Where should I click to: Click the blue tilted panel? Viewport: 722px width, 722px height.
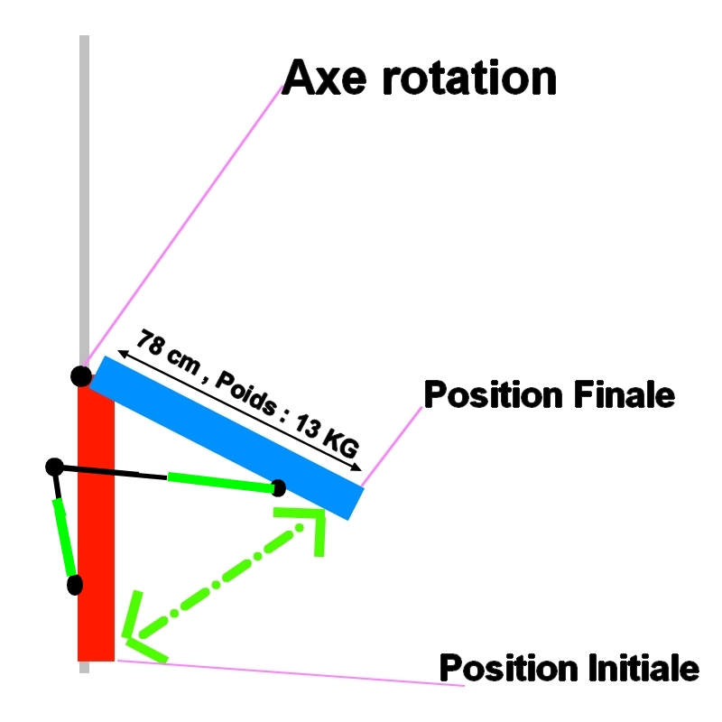pos(226,438)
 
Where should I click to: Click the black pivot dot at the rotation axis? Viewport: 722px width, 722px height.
pos(81,375)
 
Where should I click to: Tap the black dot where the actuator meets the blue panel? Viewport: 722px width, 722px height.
pos(279,488)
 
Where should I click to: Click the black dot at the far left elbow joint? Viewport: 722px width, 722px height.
pos(54,467)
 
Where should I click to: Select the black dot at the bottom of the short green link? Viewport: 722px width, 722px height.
pos(75,585)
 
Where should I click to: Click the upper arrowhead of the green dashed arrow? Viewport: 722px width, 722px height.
pos(307,523)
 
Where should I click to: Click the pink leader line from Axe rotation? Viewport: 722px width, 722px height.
pos(180,226)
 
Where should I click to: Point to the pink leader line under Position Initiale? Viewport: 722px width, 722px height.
pos(289,673)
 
